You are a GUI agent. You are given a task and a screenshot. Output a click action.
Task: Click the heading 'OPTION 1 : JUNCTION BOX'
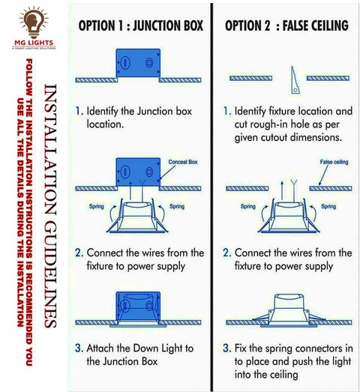click(x=140, y=25)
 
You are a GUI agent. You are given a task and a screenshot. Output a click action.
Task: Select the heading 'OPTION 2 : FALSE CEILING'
click(x=286, y=25)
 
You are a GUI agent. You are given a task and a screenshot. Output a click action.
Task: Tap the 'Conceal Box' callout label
click(x=183, y=162)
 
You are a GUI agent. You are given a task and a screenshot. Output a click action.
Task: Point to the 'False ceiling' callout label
click(x=334, y=162)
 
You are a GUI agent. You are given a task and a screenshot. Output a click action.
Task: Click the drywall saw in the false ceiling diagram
click(x=295, y=80)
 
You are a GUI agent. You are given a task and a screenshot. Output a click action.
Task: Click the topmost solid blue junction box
click(x=138, y=63)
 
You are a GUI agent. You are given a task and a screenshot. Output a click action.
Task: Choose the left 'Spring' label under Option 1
click(x=97, y=207)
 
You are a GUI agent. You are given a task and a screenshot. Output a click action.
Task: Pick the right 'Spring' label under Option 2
click(x=328, y=207)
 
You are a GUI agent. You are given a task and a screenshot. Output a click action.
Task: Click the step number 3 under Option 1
click(x=78, y=349)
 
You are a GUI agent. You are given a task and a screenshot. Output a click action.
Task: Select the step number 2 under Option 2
click(x=226, y=253)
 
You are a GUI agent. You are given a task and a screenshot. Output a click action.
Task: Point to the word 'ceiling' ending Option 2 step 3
click(x=283, y=375)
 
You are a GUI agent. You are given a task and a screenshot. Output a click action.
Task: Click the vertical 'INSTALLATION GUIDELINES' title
click(x=50, y=205)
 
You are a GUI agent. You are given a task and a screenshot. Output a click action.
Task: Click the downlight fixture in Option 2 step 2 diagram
click(x=289, y=216)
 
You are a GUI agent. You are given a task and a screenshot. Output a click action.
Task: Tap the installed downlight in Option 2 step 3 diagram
click(x=289, y=311)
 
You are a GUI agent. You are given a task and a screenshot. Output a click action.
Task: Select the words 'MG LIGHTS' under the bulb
click(x=34, y=43)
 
